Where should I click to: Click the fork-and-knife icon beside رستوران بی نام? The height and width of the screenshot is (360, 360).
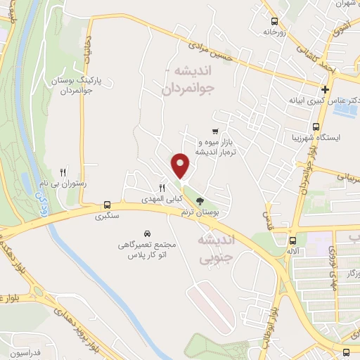(63, 172)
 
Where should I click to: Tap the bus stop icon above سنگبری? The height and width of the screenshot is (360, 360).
(107, 205)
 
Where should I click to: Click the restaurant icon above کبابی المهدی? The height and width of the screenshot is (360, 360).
(162, 188)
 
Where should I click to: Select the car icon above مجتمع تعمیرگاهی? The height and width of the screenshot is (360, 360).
(146, 233)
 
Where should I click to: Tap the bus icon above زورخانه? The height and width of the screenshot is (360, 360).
(273, 21)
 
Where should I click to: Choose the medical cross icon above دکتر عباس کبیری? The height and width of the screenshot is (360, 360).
(325, 89)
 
